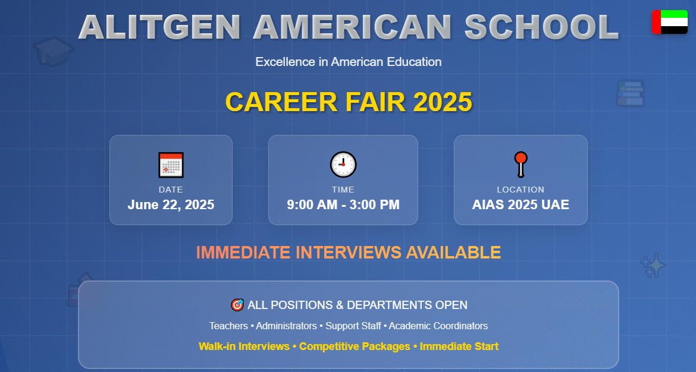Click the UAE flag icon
[x=669, y=22]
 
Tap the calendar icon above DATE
[x=171, y=165]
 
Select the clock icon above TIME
[x=343, y=164]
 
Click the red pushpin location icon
[x=521, y=164]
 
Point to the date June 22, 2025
[x=171, y=205]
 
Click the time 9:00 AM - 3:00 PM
[x=343, y=205]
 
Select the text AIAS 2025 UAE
[x=521, y=205]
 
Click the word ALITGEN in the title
[x=159, y=27]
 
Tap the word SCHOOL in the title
[x=541, y=27]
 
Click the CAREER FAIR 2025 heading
[x=349, y=102]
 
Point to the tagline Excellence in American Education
[x=349, y=62]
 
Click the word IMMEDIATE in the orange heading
[x=244, y=253]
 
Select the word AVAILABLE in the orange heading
[x=453, y=253]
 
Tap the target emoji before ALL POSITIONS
[x=237, y=305]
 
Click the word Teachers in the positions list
[x=228, y=326]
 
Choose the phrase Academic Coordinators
[x=438, y=326]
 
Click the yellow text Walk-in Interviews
[x=244, y=346]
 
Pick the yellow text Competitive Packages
[x=355, y=346]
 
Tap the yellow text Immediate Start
[x=459, y=346]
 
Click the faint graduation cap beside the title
[x=52, y=51]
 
